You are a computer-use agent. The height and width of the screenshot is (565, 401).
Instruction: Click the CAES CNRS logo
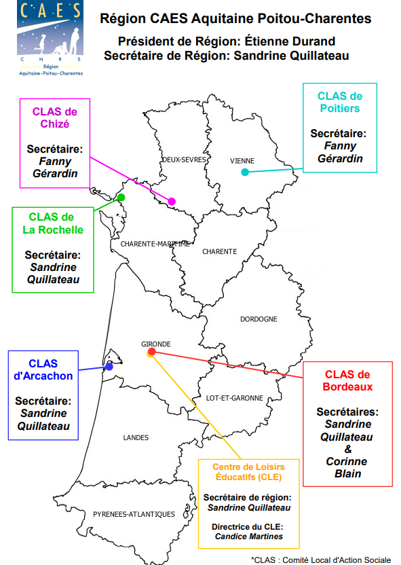[x=50, y=38]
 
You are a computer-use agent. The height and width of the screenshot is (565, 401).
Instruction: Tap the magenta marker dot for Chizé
[x=172, y=202]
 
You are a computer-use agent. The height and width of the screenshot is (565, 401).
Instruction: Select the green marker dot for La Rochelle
[x=121, y=197]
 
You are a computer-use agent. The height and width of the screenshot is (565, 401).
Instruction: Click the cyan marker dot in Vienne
[x=245, y=172]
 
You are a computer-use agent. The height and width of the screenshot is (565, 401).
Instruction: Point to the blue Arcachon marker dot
[x=109, y=367]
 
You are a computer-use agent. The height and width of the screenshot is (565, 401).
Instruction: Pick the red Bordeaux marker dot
[x=152, y=351]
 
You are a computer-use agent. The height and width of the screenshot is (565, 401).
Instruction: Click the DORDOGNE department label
[x=259, y=319]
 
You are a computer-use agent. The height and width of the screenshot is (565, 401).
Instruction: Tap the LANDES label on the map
[x=136, y=437]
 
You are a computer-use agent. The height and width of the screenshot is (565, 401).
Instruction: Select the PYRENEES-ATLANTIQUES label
[x=134, y=514]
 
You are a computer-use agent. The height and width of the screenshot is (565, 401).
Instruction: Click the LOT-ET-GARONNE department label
[x=234, y=398]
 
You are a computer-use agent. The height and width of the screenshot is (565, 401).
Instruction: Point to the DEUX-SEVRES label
[x=185, y=160]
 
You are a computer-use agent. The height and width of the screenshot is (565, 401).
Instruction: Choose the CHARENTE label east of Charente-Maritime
[x=220, y=251]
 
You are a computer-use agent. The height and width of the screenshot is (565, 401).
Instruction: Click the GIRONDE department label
[x=156, y=344]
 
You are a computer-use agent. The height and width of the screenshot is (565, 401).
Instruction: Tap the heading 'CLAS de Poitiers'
[x=340, y=102]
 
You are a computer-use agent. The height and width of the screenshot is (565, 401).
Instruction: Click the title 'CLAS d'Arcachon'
[x=43, y=369]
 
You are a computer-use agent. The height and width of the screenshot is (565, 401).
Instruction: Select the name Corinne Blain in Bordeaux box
[x=347, y=467]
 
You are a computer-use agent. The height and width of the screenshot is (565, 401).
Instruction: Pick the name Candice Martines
[x=249, y=536]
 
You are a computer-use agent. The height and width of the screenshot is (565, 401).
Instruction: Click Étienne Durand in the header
[x=290, y=41]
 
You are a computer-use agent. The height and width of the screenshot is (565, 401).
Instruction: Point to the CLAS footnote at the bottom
[x=321, y=560]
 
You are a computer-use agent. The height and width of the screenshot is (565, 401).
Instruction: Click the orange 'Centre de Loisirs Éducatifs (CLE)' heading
[x=248, y=472]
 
